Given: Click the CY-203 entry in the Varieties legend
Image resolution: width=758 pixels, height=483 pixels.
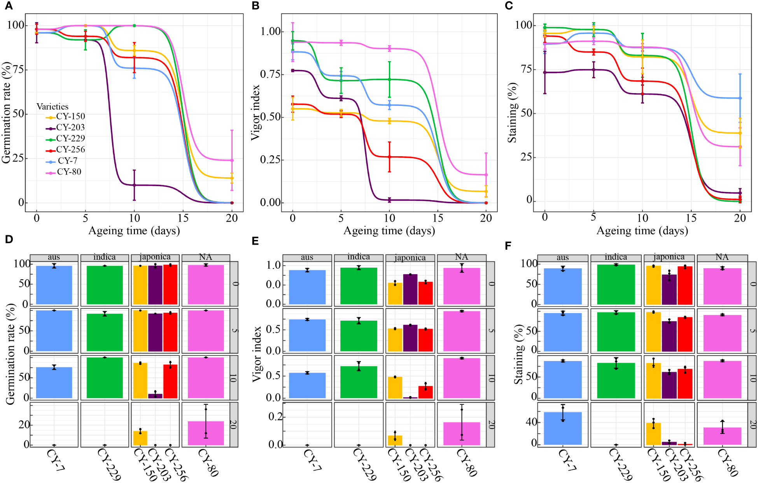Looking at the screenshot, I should pos(70,127).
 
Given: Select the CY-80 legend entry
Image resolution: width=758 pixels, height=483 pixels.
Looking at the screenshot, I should pos(69,172).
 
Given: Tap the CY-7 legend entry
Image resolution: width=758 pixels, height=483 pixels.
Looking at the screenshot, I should pos(67,160).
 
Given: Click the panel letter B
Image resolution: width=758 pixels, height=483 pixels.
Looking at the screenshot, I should pos(256,5).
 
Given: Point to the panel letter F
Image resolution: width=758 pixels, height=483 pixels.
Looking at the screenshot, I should pos(508,246).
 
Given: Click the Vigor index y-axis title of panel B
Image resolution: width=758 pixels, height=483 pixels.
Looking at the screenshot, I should pos(256,113).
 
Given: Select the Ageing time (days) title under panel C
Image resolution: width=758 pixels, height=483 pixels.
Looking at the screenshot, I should pos(642,231).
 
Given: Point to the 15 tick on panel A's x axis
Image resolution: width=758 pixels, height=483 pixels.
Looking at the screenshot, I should pos(183,218).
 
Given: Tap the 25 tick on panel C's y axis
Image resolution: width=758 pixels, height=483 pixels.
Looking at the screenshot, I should pos(526,157).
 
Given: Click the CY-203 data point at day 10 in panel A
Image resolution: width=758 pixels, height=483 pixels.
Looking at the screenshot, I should pos(134,185).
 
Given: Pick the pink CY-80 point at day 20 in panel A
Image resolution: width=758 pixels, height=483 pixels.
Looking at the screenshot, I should pos(232,160).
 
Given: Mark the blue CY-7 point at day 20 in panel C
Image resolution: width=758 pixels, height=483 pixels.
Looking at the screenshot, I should pos(740,98).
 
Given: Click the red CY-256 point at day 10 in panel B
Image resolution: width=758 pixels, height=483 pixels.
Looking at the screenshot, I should pos(389,157).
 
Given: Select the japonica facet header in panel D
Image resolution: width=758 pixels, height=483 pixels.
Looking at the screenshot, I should pos(155,257).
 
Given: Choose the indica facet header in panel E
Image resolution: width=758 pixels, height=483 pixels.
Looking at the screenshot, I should pos(359,257).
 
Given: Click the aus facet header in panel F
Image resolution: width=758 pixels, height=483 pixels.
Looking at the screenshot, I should pos(562,257).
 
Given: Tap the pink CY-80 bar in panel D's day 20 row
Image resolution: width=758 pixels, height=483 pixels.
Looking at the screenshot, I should pos(206,433).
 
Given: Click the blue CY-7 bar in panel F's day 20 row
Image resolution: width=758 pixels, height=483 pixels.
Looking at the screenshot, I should pos(562,428).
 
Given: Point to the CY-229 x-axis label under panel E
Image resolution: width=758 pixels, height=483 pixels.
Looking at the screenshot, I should pos(364,464).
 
